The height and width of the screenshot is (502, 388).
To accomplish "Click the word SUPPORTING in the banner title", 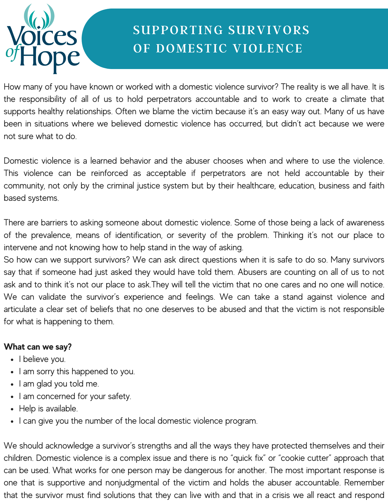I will click(x=178, y=30).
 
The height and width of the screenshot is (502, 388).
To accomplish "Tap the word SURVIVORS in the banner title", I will click(x=269, y=30).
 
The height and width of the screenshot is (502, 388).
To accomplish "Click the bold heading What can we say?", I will click(x=38, y=347).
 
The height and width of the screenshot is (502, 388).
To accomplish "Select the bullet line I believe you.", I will click(x=42, y=359).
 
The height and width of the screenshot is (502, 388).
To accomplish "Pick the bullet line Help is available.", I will click(x=48, y=409).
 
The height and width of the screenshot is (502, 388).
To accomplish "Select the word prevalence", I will click(x=51, y=235).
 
